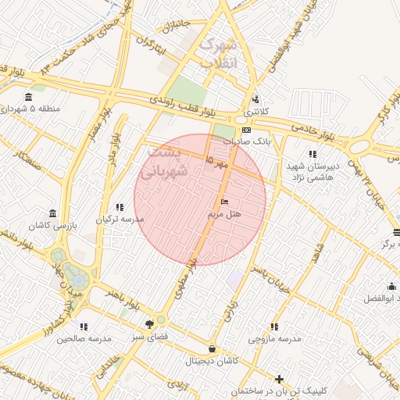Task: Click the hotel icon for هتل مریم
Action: click(x=225, y=202)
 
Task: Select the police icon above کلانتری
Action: click(x=255, y=99)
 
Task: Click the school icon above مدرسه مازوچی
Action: click(x=274, y=327)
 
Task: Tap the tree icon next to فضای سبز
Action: click(x=149, y=324)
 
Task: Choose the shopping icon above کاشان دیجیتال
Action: click(x=212, y=349)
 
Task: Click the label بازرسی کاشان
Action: click(x=52, y=226)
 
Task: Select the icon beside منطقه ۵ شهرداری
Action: click(x=29, y=97)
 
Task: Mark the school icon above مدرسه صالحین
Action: click(x=84, y=327)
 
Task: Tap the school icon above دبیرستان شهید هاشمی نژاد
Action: click(x=312, y=154)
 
